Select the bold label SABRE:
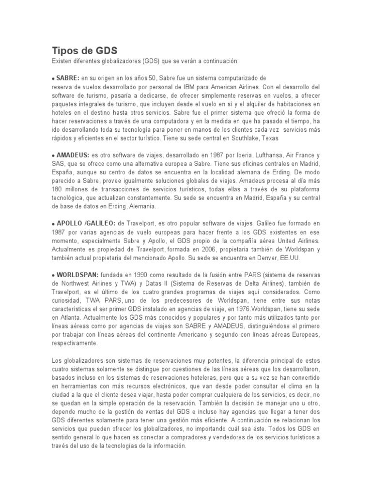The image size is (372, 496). [x=68, y=77]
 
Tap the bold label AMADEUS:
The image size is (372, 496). [x=73, y=155]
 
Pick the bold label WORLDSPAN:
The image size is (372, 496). [x=77, y=275]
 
